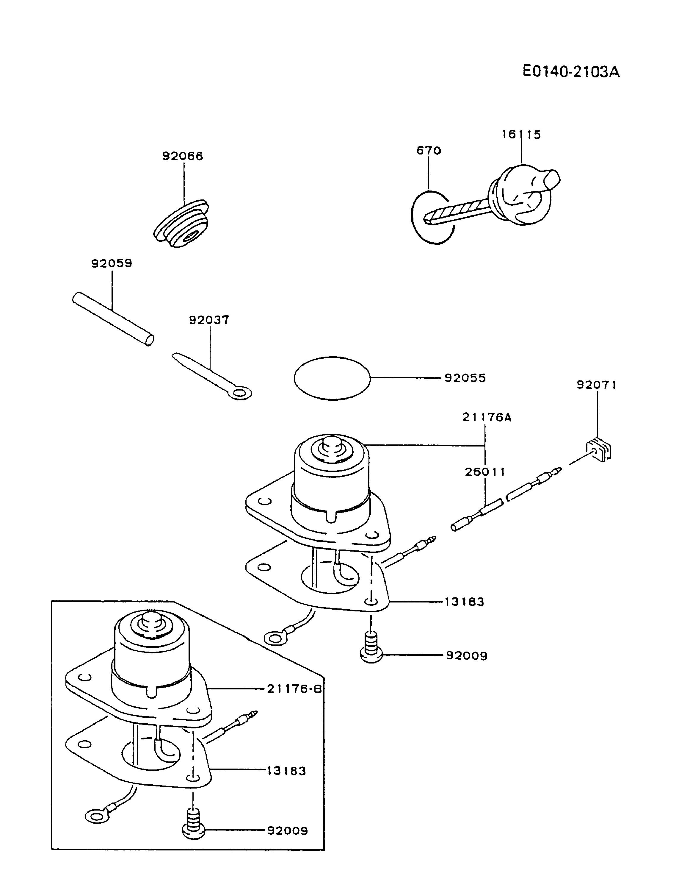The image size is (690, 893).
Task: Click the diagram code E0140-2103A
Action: click(571, 72)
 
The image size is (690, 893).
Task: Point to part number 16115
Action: click(521, 135)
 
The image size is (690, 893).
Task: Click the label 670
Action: click(429, 150)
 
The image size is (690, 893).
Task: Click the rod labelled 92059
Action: click(113, 319)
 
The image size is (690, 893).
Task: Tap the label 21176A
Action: click(487, 417)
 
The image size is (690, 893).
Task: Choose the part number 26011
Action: click(485, 472)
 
